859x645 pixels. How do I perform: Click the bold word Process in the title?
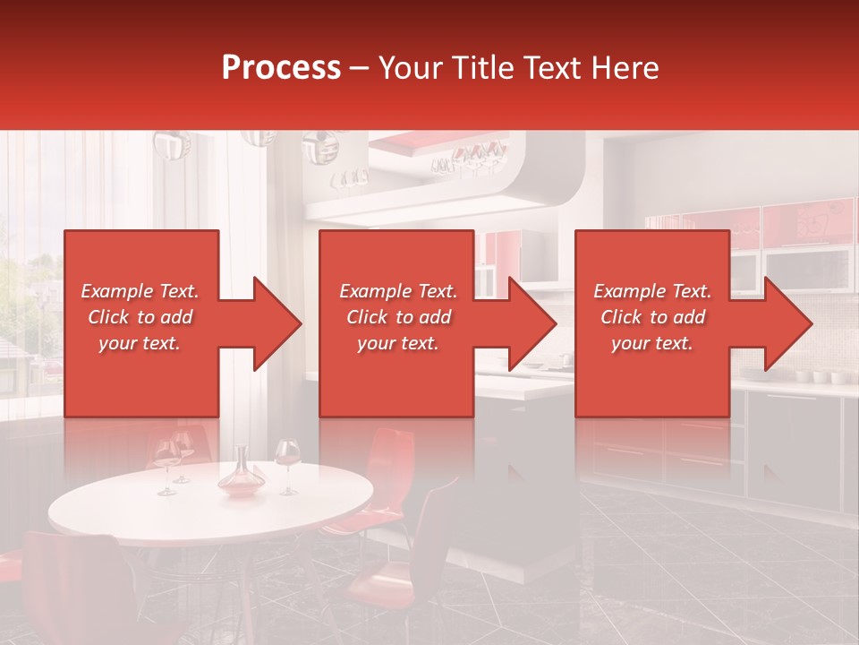click(x=281, y=68)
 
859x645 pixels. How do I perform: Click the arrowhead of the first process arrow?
click(x=277, y=323)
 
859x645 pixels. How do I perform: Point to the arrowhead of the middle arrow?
click(x=533, y=323)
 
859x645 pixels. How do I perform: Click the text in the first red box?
click(x=140, y=317)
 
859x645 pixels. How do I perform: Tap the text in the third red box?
click(x=652, y=317)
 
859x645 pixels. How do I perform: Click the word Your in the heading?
click(x=412, y=68)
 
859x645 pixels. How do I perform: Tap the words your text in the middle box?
click(x=398, y=343)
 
